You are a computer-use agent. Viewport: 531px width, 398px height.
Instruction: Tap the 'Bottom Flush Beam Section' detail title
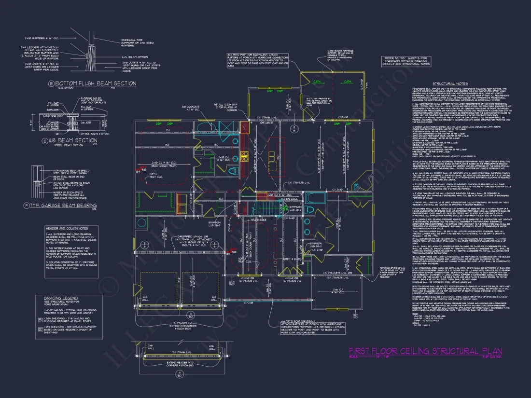[96, 83]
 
